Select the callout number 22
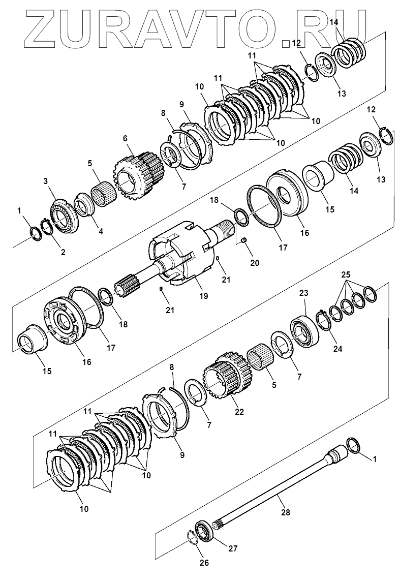[238, 411]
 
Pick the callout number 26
[203, 562]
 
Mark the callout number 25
[346, 274]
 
